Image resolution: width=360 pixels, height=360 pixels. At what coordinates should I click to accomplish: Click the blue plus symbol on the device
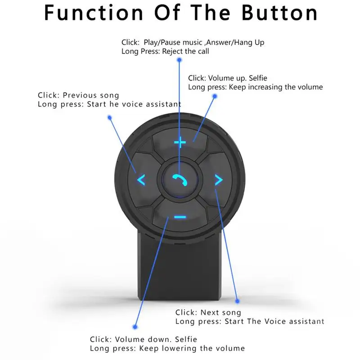point(180,144)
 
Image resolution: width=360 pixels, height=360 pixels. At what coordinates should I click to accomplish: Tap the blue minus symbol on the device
point(180,217)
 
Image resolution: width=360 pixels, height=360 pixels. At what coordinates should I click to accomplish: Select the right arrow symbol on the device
point(218,180)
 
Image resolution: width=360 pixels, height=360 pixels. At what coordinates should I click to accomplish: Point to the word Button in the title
point(279,13)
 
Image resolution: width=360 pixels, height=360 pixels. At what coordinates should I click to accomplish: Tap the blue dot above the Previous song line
point(109,117)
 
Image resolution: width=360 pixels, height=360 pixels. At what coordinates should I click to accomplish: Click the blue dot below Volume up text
point(215,96)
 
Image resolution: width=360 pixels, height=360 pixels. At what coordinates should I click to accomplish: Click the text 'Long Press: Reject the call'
point(165,51)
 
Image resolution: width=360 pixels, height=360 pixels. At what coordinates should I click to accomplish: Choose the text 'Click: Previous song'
point(78,95)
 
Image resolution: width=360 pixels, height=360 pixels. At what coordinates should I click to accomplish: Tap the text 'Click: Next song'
point(208,312)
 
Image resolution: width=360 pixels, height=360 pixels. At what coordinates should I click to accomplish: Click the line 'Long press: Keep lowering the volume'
point(167,348)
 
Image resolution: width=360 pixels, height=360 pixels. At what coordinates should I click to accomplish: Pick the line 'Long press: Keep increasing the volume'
point(255,87)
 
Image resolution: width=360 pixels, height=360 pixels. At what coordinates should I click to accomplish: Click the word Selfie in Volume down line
point(186,339)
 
